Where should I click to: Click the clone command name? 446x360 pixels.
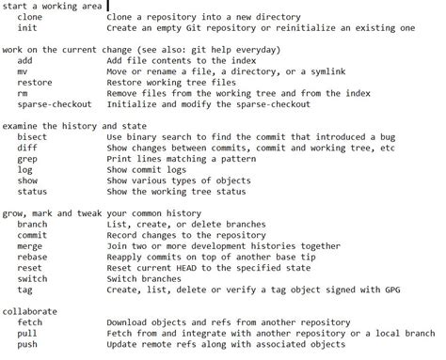tap(29, 17)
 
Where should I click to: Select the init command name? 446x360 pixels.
tap(26, 28)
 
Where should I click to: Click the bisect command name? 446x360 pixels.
tap(31, 136)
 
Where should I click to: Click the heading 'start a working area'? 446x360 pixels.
tap(54, 6)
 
